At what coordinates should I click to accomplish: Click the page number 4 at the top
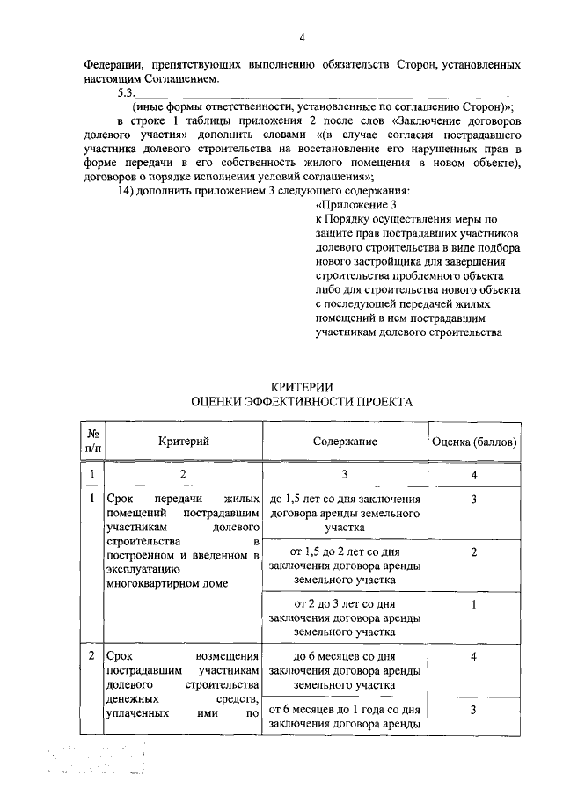coord(302,37)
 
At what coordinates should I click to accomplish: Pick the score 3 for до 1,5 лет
coord(473,500)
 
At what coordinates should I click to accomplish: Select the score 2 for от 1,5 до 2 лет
coord(473,551)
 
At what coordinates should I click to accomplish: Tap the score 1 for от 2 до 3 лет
coord(473,604)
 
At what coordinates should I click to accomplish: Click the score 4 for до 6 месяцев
coord(473,657)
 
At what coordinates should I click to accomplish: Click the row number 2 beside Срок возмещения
coord(92,657)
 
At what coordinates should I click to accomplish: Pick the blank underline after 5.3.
coord(325,95)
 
